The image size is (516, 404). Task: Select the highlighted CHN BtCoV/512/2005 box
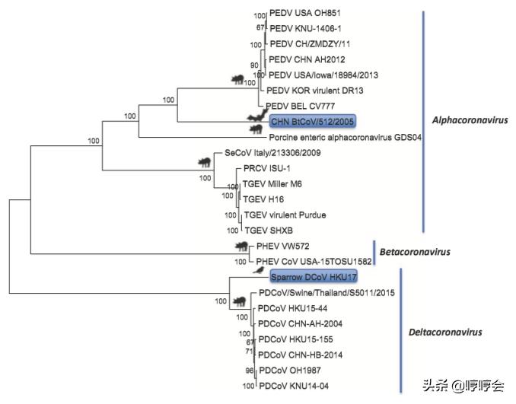[x=312, y=120]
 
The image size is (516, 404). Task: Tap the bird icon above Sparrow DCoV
[x=261, y=269]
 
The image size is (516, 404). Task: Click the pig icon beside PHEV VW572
[x=242, y=246]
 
